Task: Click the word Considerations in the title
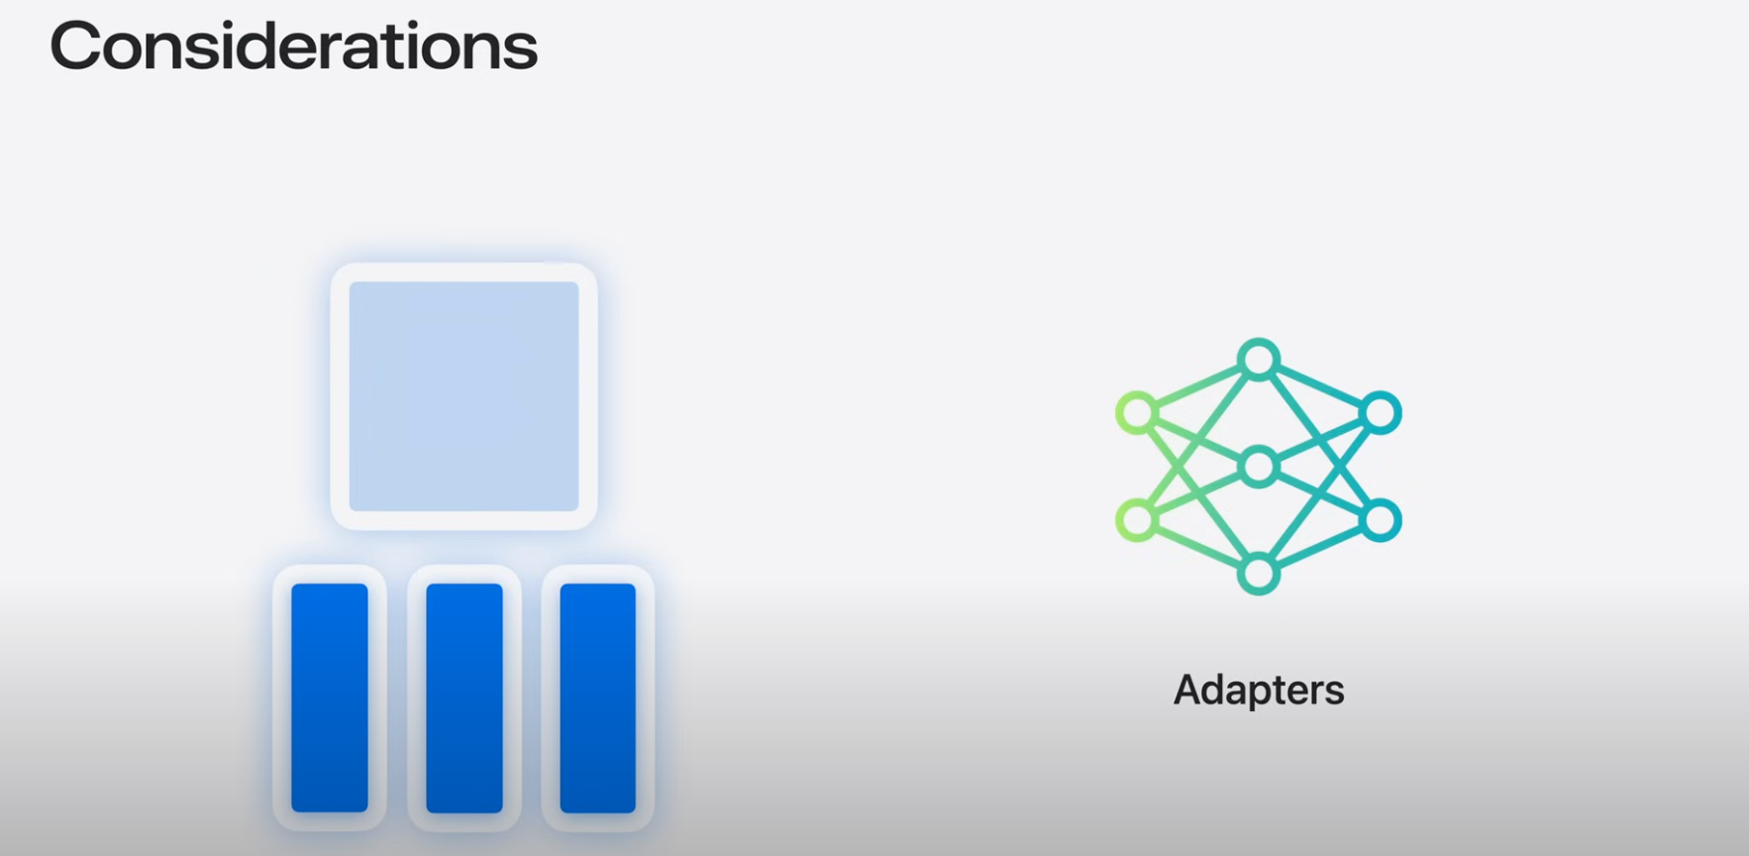[293, 47]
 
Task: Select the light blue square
[463, 396]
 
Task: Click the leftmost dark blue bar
[330, 697]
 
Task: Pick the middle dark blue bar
[464, 697]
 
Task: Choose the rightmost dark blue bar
[598, 697]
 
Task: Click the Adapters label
[1258, 690]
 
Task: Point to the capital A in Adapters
[1188, 690]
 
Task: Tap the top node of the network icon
[1259, 360]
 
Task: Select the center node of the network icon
[1259, 467]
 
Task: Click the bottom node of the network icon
[1259, 574]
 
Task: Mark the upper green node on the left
[1137, 413]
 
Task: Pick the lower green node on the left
[1137, 520]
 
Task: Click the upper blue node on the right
[1381, 413]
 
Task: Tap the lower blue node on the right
[1381, 520]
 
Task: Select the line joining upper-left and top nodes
[1197, 386]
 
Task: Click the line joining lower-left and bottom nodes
[1197, 547]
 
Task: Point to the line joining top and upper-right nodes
[1320, 386]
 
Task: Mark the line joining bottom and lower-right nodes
[1320, 547]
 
